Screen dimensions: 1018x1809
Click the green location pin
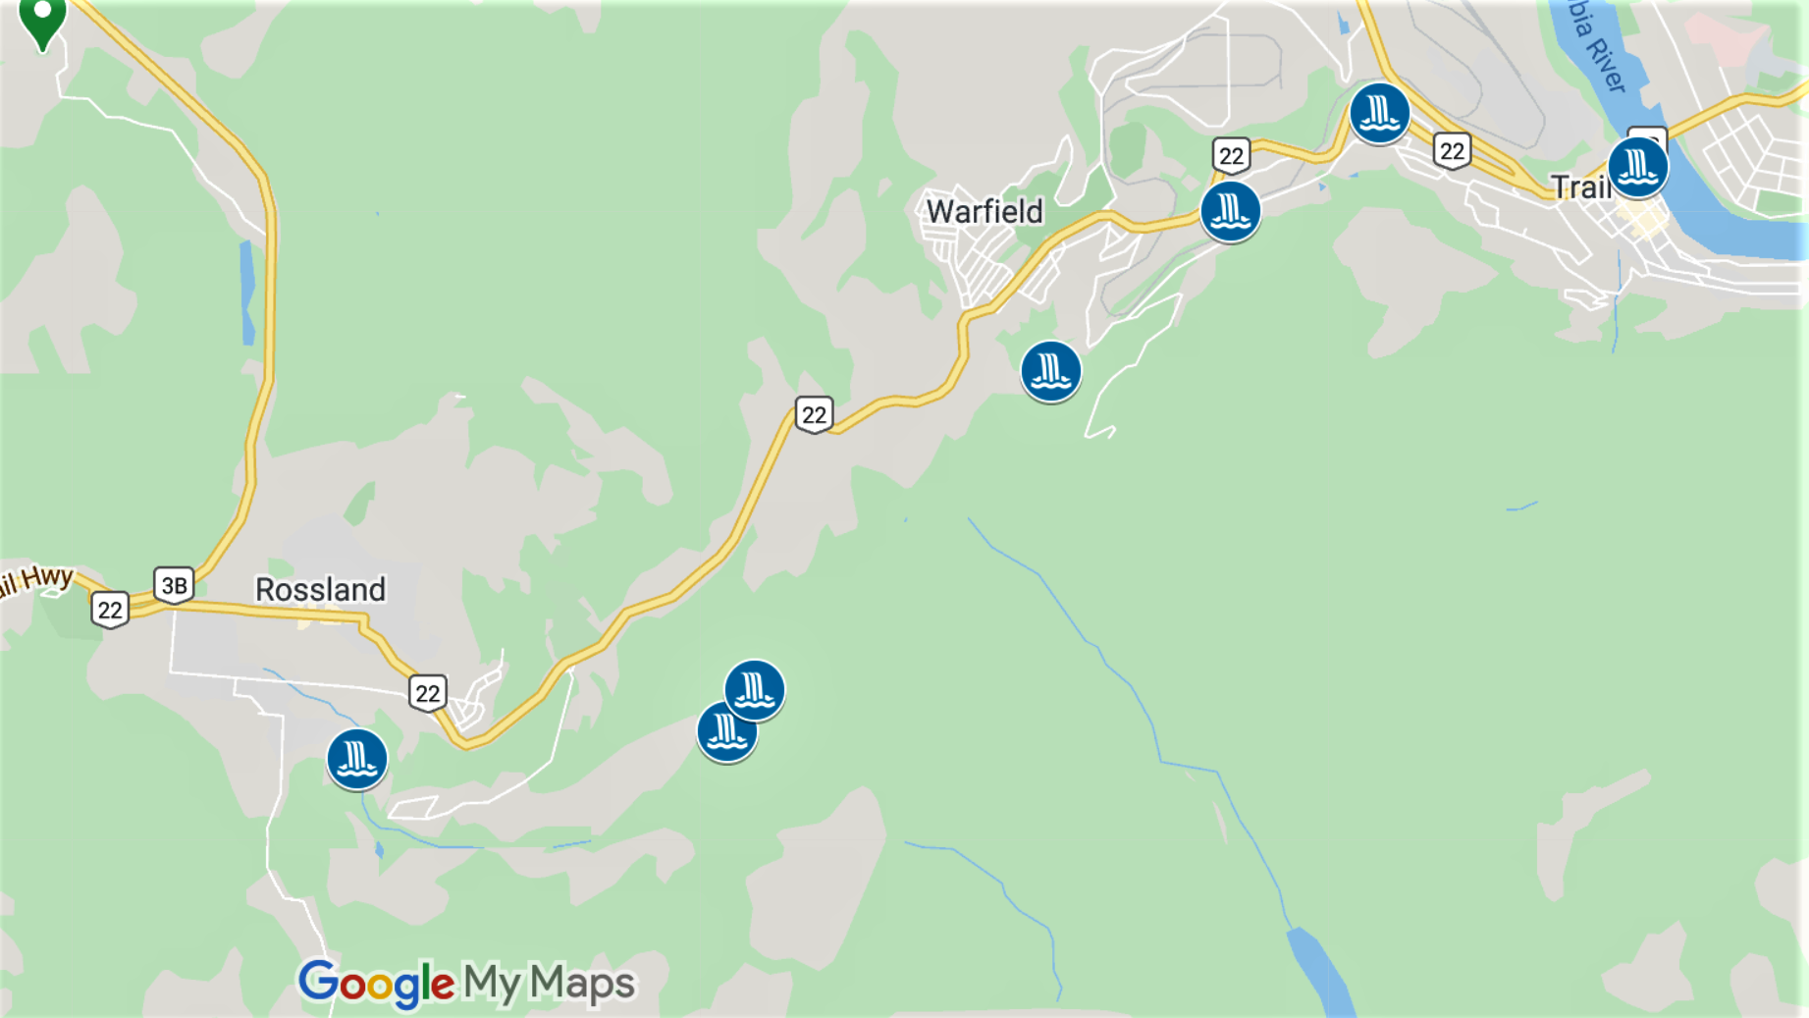point(42,20)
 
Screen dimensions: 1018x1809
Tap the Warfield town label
point(984,211)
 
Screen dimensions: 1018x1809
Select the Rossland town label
point(320,589)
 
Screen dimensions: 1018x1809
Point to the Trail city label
point(1579,187)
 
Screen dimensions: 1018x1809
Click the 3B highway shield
point(174,586)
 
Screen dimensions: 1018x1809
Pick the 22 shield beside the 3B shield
point(110,610)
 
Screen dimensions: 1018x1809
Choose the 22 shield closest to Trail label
point(1452,151)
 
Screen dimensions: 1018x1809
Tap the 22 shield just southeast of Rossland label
point(427,693)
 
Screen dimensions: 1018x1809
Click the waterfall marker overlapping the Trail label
point(1637,167)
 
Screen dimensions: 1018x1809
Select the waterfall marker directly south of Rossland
point(356,759)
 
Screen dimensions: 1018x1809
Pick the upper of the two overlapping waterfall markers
point(755,689)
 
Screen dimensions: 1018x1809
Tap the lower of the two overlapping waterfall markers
point(724,733)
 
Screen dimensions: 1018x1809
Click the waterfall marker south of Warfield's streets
point(1050,371)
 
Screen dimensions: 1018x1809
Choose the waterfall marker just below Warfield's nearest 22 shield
point(1230,211)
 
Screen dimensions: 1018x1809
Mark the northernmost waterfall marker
point(1379,113)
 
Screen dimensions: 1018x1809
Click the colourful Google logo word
point(376,983)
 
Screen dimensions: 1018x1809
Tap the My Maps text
point(549,983)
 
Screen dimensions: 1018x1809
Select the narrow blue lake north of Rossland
point(247,293)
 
